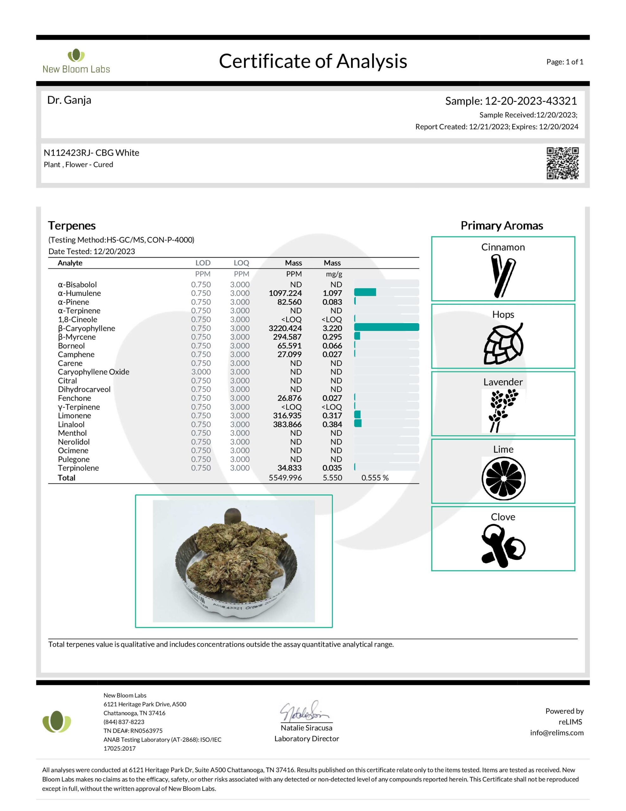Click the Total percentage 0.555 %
[375, 478]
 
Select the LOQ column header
[241, 263]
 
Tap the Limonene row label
[74, 416]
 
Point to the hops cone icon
[503, 344]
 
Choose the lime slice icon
[503, 478]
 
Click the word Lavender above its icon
[503, 382]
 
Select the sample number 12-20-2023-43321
[531, 101]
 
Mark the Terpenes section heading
[72, 226]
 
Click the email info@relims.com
[557, 733]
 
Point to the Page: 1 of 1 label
[564, 62]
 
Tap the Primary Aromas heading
[502, 226]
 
